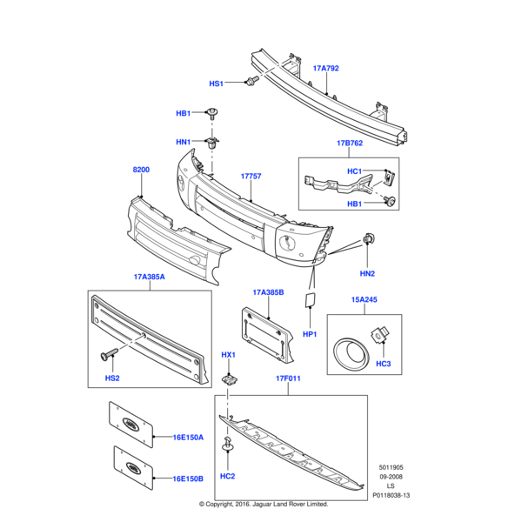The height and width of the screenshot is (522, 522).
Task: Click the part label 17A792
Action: point(325,67)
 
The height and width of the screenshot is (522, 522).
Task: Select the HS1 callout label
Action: point(217,84)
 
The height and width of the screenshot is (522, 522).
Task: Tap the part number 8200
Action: point(141,171)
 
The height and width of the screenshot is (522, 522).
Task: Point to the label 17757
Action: point(251,176)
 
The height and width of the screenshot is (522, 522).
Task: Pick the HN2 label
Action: point(367,274)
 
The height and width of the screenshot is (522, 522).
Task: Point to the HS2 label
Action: point(112,378)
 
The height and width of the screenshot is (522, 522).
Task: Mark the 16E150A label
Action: point(187,438)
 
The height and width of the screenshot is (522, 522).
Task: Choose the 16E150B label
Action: point(187,478)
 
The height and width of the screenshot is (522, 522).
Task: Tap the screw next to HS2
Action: point(110,355)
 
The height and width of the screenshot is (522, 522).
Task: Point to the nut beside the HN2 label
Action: point(368,239)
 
